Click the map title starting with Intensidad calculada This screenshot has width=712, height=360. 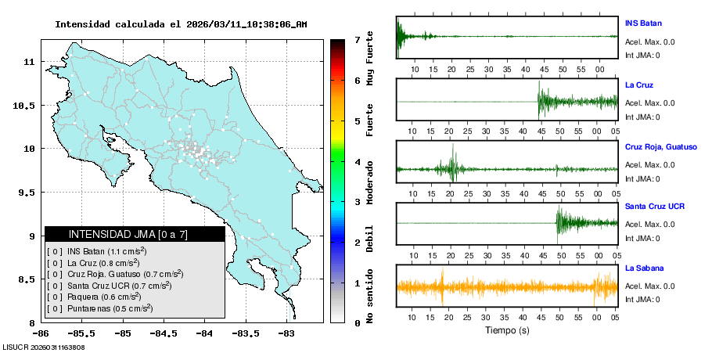pos(181,24)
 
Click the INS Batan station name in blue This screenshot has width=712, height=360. pos(644,23)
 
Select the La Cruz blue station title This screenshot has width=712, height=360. pos(639,85)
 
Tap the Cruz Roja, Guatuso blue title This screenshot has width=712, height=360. pos(661,146)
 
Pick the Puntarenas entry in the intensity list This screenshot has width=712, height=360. pos(110,308)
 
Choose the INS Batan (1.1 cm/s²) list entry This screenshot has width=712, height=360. pos(107,251)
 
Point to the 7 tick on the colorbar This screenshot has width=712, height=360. pos(357,39)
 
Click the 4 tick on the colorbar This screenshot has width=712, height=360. pos(357,161)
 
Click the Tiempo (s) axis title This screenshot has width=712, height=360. pos(507,330)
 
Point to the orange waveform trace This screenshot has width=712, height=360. pos(507,286)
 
